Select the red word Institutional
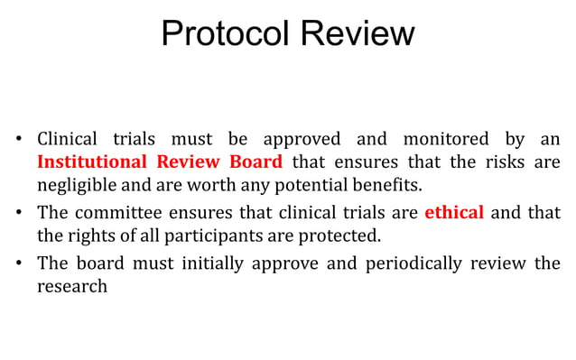tap(91, 162)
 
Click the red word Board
tap(256, 162)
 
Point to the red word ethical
tap(454, 214)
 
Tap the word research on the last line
tap(72, 287)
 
